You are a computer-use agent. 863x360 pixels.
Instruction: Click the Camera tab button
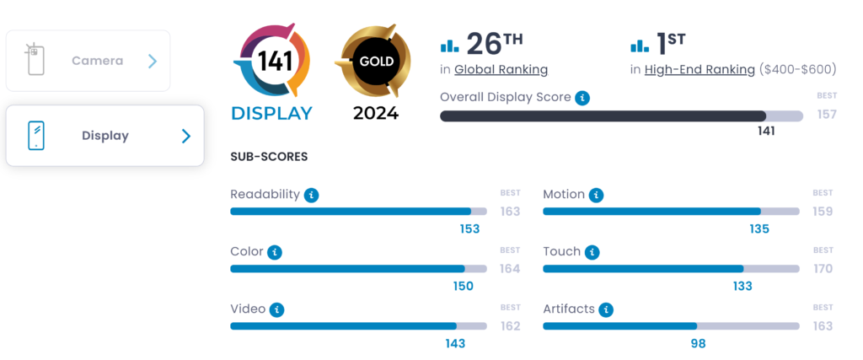click(88, 61)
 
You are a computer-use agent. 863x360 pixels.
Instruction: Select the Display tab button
click(105, 136)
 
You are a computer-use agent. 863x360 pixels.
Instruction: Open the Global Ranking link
click(501, 69)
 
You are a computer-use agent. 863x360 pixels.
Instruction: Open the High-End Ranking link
click(700, 69)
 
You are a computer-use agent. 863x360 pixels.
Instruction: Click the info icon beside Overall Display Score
click(582, 97)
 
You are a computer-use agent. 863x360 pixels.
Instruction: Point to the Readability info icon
click(312, 195)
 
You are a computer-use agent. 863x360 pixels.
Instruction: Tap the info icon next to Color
click(274, 252)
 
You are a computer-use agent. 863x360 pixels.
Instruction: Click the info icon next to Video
click(276, 309)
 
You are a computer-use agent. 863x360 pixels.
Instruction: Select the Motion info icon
click(597, 195)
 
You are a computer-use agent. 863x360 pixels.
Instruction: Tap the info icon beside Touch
click(592, 252)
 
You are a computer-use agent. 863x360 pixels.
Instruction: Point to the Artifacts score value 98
click(697, 343)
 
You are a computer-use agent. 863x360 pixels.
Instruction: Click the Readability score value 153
click(469, 228)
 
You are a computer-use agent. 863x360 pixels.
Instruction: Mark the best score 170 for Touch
click(823, 268)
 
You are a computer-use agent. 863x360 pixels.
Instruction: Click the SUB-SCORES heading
click(269, 157)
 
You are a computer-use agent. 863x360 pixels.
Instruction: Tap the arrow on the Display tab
click(186, 136)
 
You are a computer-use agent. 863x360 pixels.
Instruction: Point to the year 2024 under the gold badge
click(375, 113)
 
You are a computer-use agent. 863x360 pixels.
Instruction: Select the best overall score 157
click(827, 114)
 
